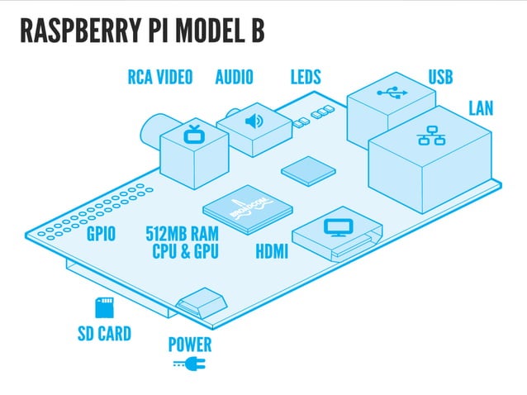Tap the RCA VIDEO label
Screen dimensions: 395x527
(160, 78)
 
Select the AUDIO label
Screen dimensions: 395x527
(235, 78)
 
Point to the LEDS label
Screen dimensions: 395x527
(306, 78)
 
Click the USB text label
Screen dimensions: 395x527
(440, 78)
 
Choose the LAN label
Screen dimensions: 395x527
(482, 108)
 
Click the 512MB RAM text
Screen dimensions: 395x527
(183, 234)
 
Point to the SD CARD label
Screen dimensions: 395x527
(104, 335)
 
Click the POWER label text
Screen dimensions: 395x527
(190, 345)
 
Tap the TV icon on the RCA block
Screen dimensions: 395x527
(195, 133)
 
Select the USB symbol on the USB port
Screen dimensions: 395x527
(392, 93)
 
